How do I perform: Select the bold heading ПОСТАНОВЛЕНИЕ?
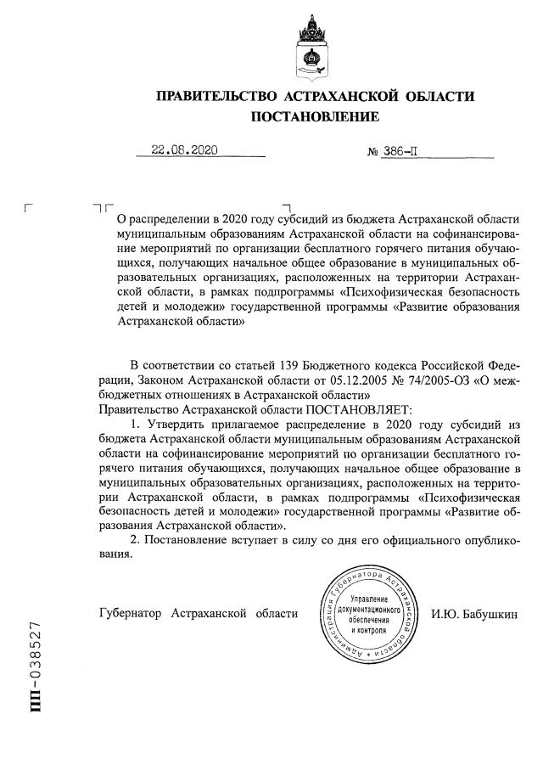[x=313, y=116]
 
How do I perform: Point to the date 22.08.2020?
[x=184, y=150]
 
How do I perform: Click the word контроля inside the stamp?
[x=367, y=632]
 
